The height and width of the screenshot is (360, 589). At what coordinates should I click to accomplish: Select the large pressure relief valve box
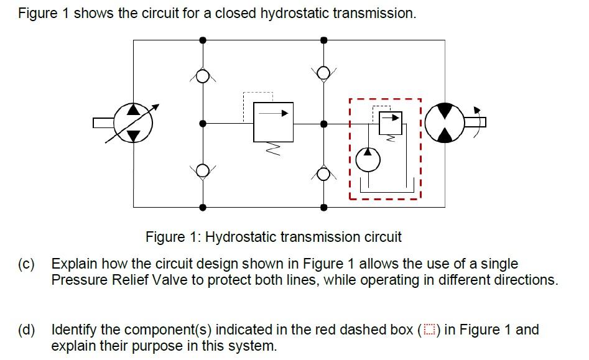click(x=273, y=122)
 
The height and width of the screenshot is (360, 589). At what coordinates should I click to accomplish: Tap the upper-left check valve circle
click(x=202, y=76)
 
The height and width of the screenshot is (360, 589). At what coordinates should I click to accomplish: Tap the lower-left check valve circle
click(x=202, y=170)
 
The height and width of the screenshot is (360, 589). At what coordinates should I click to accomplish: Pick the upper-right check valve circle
click(x=323, y=73)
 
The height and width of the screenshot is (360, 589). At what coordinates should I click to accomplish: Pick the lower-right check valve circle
click(x=323, y=173)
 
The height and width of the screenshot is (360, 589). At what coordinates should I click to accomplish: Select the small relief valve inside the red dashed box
click(x=391, y=123)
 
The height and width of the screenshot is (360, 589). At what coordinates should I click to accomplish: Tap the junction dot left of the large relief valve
click(x=202, y=124)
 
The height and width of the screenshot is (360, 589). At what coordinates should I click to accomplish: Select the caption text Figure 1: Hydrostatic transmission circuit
click(x=273, y=237)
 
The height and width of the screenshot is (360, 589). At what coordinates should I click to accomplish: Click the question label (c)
click(x=26, y=264)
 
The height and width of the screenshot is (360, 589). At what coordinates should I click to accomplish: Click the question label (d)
click(x=26, y=330)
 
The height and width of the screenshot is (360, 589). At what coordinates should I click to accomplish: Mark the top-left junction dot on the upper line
click(x=202, y=40)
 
